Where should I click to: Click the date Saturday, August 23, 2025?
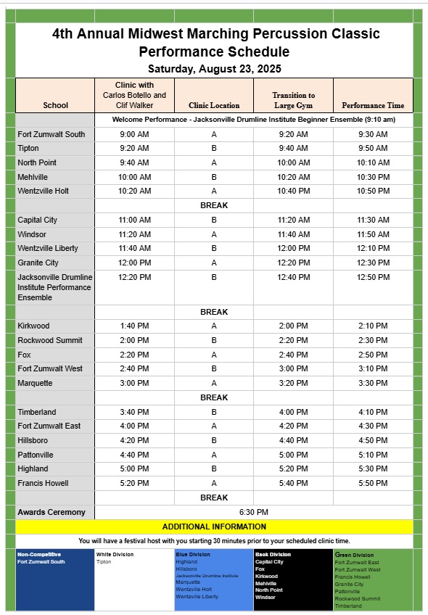coord(214,69)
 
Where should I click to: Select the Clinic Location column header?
coord(214,105)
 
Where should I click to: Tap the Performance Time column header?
coord(373,105)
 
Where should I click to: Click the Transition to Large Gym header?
coord(293,100)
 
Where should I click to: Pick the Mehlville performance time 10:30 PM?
coord(373,177)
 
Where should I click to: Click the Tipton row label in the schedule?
coord(28,148)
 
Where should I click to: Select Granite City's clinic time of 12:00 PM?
coord(134,263)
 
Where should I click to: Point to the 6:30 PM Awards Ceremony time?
coord(254,512)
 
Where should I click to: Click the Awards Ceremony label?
coord(52,512)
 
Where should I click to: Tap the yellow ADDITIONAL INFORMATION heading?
coord(214,527)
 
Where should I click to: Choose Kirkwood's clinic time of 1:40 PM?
coord(134,326)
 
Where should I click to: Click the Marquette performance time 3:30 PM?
coord(373,383)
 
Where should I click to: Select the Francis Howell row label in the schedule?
coord(43,483)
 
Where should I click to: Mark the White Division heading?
coord(115,555)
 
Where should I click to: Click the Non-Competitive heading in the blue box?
coord(39,555)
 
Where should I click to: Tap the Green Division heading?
coord(354,555)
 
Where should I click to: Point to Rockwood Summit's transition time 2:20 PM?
coord(293,340)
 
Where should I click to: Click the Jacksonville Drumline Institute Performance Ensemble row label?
coord(55,287)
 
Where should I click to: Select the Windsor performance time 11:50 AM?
coord(373,234)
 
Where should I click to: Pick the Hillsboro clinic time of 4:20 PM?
coord(134,440)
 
